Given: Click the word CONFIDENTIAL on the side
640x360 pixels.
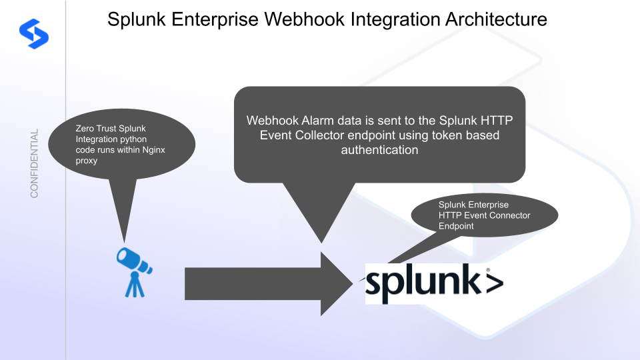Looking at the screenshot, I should (x=34, y=163).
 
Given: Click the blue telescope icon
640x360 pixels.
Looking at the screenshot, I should (x=134, y=271).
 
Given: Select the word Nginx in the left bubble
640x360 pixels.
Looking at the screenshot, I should (x=153, y=150).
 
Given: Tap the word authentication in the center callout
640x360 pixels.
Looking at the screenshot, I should (x=379, y=150).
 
